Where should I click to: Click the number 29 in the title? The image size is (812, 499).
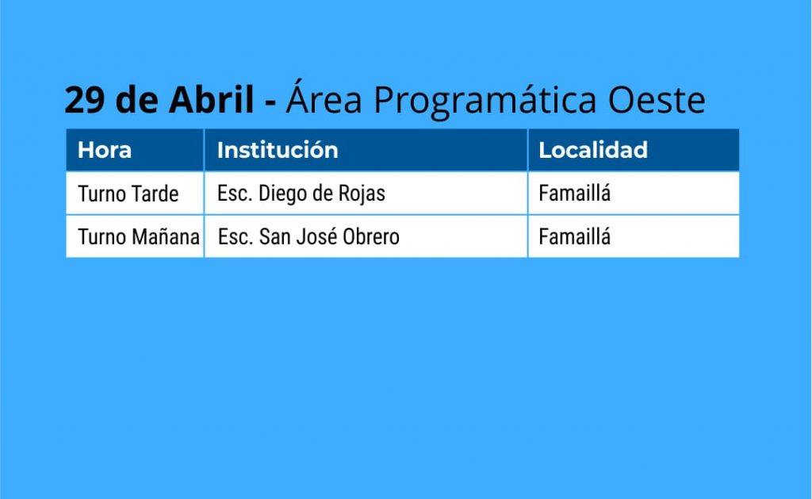[86, 99]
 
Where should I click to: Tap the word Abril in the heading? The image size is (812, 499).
[211, 98]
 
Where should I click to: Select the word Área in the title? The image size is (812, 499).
[324, 98]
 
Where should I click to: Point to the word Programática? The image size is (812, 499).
[485, 100]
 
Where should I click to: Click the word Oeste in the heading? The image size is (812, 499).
[656, 99]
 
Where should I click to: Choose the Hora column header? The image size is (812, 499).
[105, 150]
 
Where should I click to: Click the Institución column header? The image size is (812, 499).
[278, 150]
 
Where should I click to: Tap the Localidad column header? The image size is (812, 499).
[593, 150]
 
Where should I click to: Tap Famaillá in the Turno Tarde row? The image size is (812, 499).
[574, 194]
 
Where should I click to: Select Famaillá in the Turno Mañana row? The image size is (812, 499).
[574, 236]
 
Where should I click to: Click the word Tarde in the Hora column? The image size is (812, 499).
[155, 194]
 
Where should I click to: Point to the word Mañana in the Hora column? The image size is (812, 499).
[166, 236]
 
